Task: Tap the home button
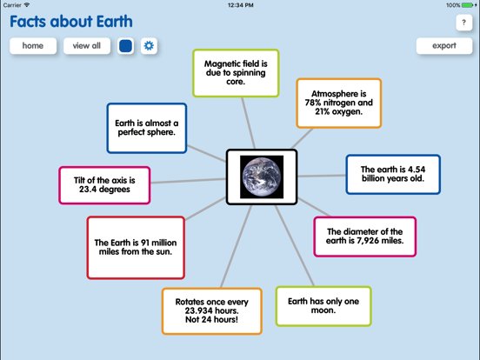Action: (x=33, y=46)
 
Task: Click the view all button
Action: (x=87, y=46)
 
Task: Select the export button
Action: (x=443, y=46)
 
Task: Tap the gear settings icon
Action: (x=149, y=46)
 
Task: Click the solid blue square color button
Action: (x=125, y=46)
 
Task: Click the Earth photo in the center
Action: (x=262, y=177)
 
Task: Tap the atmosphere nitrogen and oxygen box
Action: (x=338, y=103)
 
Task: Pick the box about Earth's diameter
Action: (x=364, y=237)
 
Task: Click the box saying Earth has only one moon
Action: (x=323, y=305)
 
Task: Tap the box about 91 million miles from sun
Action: (x=135, y=247)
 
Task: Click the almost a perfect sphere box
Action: (x=146, y=129)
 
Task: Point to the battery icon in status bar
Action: (x=468, y=4)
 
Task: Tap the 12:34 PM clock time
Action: (x=239, y=4)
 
